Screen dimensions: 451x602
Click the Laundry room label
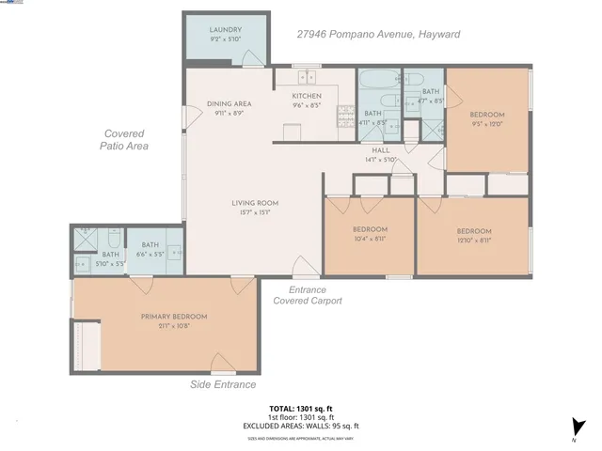(x=226, y=30)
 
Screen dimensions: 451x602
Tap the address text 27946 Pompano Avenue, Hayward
(x=379, y=35)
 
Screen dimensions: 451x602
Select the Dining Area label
(x=229, y=104)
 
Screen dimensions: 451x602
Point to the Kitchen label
(x=307, y=96)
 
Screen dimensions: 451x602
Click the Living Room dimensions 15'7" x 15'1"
(x=255, y=212)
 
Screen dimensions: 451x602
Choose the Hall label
(x=380, y=150)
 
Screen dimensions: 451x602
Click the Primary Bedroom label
(x=173, y=317)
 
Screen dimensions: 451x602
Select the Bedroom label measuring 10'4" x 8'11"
(x=370, y=230)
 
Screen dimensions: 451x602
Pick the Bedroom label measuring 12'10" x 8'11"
(x=473, y=231)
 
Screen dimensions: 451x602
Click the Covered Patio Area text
(x=125, y=140)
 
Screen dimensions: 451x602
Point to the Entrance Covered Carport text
(x=308, y=296)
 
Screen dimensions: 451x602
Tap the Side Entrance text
(x=223, y=385)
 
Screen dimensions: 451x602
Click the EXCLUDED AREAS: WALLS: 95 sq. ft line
(x=301, y=426)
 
